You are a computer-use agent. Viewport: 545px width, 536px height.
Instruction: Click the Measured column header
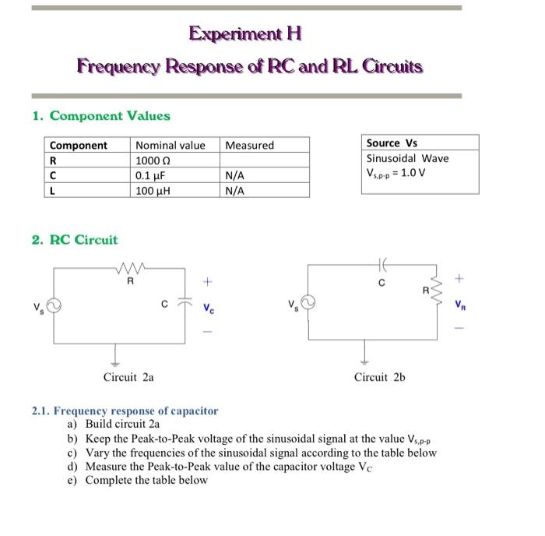249,145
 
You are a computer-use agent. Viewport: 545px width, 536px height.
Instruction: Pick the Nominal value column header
171,145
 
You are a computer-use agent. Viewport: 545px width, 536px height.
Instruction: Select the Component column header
79,145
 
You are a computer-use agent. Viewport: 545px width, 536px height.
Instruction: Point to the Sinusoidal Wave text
407,158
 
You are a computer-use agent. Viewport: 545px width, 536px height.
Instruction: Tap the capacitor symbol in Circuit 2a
185,304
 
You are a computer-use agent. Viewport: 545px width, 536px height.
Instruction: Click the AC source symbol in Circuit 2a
53,305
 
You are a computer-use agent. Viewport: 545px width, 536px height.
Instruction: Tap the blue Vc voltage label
207,307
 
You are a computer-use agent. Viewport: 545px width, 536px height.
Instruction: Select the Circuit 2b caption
379,377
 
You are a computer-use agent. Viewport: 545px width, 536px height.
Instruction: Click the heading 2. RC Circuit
76,239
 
